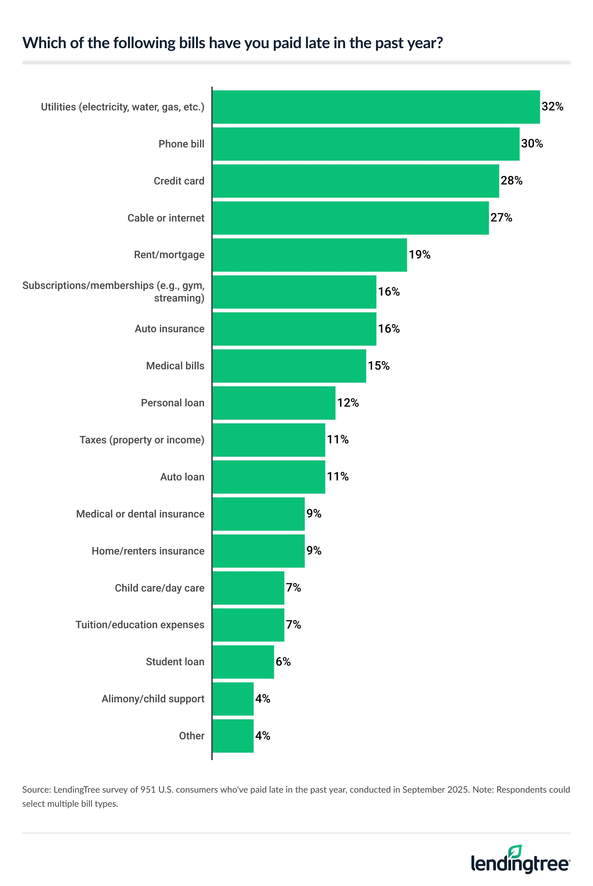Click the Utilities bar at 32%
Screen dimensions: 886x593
click(376, 107)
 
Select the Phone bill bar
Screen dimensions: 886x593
click(366, 144)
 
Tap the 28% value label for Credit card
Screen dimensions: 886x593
click(511, 181)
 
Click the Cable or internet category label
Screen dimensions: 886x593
click(166, 218)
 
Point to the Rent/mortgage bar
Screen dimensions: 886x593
click(309, 255)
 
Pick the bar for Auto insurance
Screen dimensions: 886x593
click(294, 329)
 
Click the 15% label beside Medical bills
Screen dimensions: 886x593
click(378, 366)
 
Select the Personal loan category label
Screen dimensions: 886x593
click(172, 403)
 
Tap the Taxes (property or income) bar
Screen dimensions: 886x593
click(268, 440)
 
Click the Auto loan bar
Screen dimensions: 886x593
click(268, 477)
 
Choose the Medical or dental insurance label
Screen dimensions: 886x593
click(140, 514)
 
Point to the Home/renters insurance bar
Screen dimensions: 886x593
click(258, 551)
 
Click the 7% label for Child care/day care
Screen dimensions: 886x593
click(293, 587)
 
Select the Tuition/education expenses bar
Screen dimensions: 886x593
click(248, 624)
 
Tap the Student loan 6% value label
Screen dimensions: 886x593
click(283, 662)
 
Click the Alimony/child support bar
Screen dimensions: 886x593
click(233, 699)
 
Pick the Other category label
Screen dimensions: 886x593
click(191, 736)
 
